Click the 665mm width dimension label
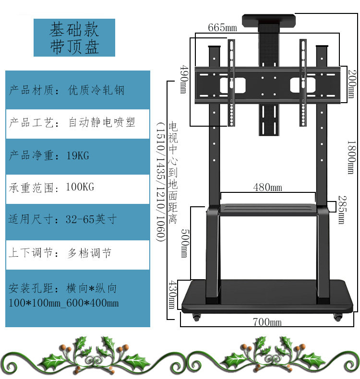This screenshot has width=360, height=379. point(222,28)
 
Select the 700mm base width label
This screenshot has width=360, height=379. point(267,322)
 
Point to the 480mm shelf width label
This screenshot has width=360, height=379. point(267,187)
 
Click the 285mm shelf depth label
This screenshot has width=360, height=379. point(341,209)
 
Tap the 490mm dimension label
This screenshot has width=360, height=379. point(183,79)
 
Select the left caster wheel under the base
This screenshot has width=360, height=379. point(196,317)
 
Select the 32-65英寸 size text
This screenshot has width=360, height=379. point(91,219)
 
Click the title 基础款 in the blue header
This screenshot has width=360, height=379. point(74,30)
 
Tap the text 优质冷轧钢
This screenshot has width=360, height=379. point(96,90)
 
